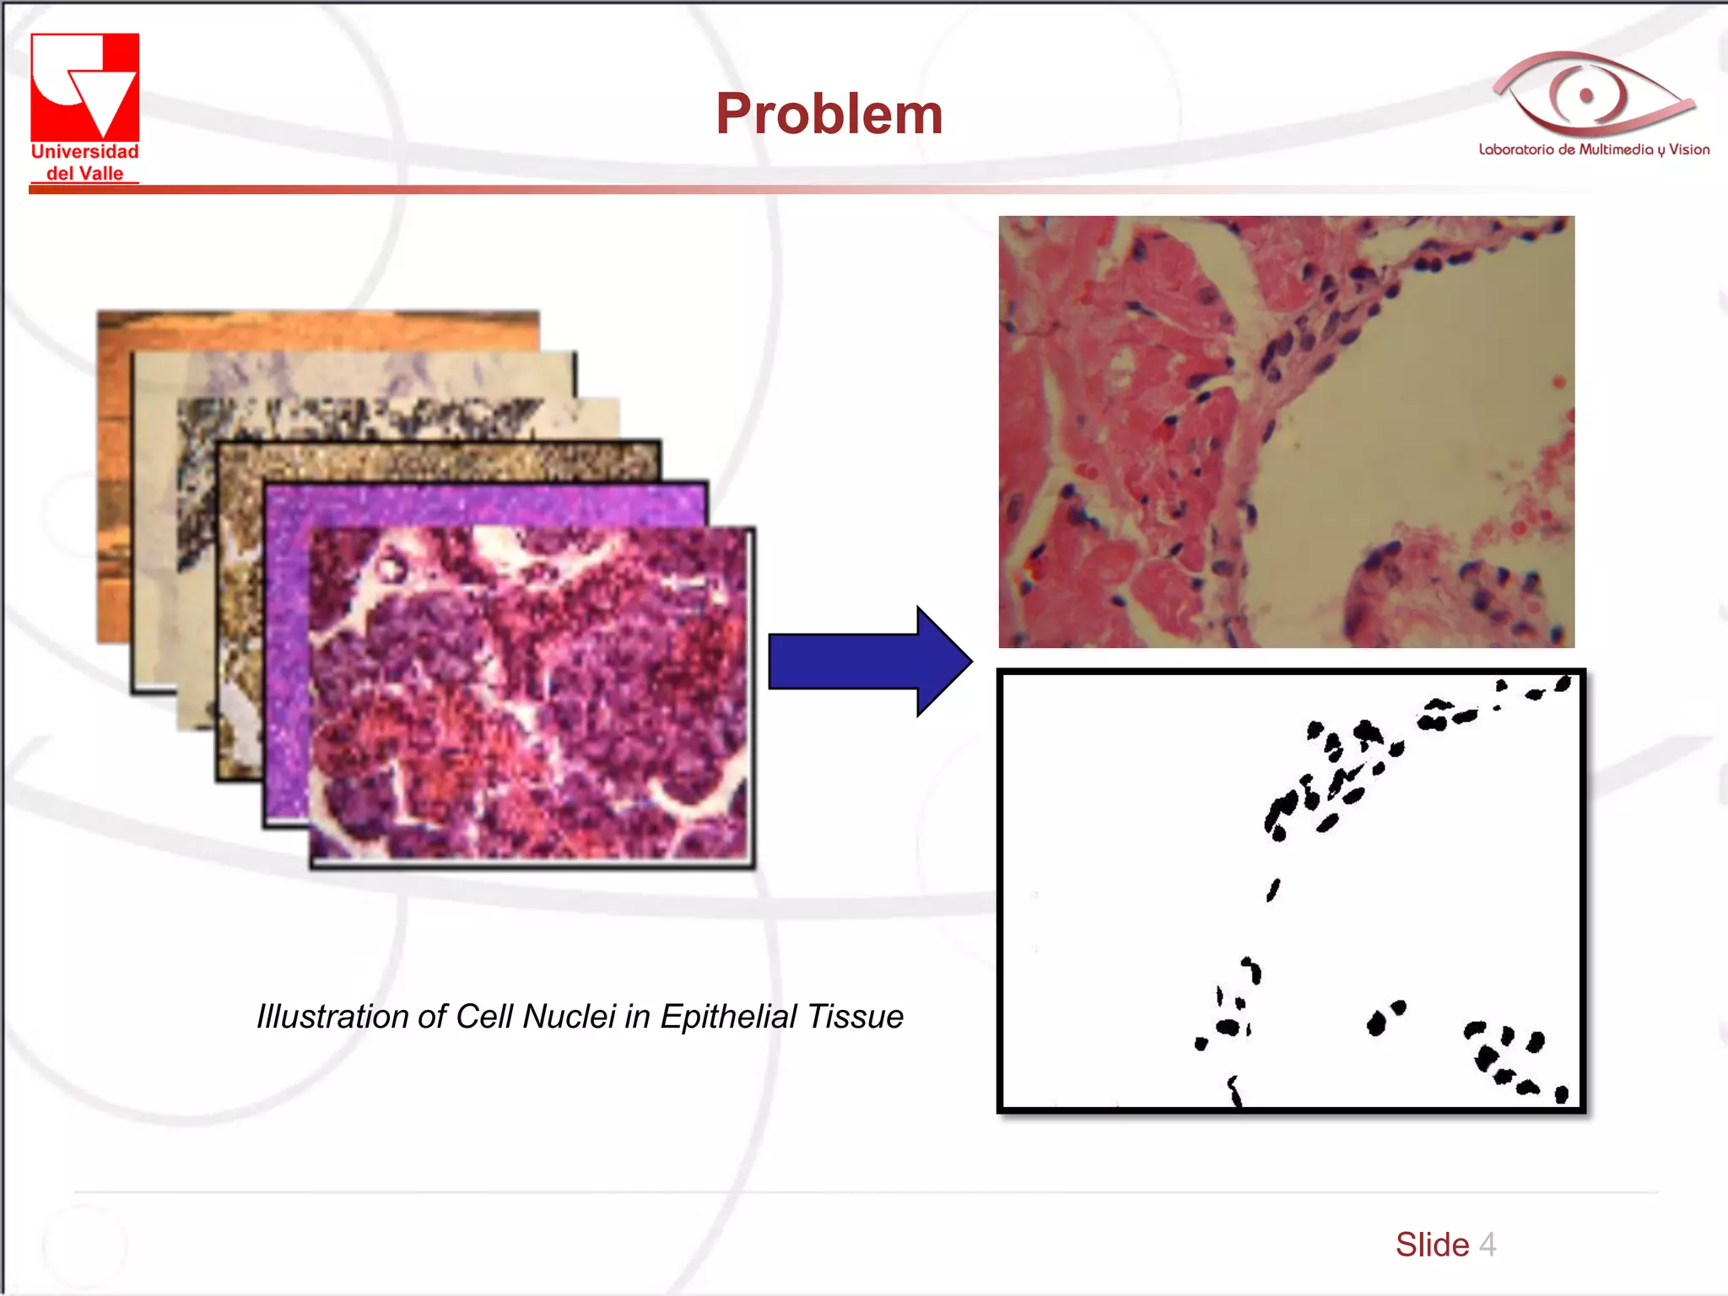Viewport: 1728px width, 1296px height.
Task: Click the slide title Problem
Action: click(x=829, y=114)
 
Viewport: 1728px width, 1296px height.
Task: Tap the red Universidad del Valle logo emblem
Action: click(x=84, y=86)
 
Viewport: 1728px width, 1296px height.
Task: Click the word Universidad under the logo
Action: click(x=84, y=152)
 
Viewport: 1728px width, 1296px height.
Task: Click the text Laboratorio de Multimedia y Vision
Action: click(x=1593, y=150)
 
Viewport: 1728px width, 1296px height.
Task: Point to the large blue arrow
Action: click(x=869, y=661)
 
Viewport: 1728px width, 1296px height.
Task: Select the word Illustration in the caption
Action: click(x=350, y=1017)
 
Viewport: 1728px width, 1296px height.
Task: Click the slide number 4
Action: click(x=1488, y=1245)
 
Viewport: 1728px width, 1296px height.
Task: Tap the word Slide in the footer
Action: click(x=1432, y=1245)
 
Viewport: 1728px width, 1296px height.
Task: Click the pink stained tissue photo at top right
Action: click(x=1286, y=431)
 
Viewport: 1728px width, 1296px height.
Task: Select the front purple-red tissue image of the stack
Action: click(x=532, y=696)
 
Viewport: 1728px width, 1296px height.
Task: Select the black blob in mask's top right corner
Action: click(x=1563, y=683)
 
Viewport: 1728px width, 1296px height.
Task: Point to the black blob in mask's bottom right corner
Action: click(x=1561, y=1095)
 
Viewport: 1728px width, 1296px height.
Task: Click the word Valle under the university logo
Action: click(x=102, y=174)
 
